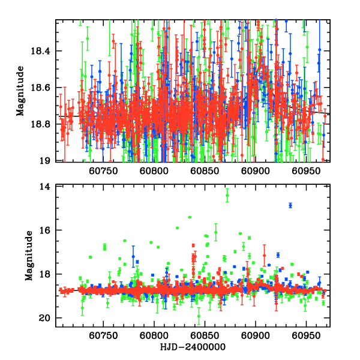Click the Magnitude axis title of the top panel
point(20,91)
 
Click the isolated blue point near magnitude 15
point(290,205)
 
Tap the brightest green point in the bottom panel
point(227,196)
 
